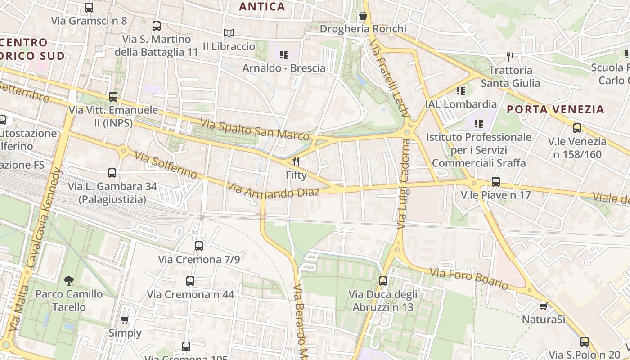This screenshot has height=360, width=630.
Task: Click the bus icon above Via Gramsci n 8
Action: (x=89, y=8)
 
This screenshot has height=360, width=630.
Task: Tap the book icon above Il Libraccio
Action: (x=229, y=33)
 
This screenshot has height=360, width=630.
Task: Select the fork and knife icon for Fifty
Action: (x=296, y=162)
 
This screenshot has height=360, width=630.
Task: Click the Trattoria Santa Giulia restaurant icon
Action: (x=510, y=57)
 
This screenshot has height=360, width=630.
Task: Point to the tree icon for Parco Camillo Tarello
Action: (x=69, y=281)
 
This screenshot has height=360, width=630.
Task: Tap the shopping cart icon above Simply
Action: (x=125, y=320)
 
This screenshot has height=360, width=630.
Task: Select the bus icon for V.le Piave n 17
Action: (x=495, y=182)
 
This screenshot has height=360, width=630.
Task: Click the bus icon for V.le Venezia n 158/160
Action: (x=577, y=128)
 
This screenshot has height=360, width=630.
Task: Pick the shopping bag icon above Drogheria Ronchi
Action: (x=363, y=16)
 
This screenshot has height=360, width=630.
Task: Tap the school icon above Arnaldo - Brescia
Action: (x=283, y=55)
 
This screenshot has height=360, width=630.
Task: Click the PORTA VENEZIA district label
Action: (x=555, y=109)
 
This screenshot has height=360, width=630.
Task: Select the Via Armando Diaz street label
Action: (x=273, y=190)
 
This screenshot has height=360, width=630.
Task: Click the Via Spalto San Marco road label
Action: (x=255, y=130)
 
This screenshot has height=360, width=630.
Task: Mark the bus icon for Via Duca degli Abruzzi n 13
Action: (x=382, y=281)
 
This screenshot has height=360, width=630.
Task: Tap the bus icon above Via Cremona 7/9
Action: (x=199, y=246)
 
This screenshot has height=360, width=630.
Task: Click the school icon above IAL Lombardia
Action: (x=461, y=91)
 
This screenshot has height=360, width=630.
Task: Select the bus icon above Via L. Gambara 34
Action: (x=112, y=173)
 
